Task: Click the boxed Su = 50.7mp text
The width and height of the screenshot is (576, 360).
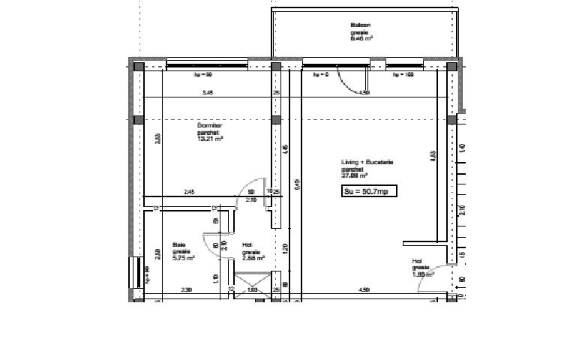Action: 368,191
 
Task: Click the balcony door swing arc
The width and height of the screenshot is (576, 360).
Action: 349,81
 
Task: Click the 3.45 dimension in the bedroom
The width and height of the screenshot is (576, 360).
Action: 207,92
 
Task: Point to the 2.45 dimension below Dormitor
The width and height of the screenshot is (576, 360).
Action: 189,193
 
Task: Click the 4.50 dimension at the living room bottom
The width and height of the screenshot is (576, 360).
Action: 364,289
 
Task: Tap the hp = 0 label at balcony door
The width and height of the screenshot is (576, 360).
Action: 321,75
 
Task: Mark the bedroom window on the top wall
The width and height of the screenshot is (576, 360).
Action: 206,66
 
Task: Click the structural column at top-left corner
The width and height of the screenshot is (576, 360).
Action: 139,67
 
